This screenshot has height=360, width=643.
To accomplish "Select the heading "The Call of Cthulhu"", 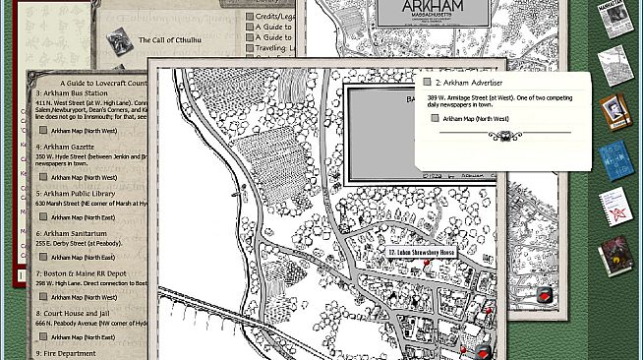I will [170, 40].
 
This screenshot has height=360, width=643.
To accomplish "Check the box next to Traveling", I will [250, 47].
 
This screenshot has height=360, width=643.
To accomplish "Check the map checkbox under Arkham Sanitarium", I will [43, 257].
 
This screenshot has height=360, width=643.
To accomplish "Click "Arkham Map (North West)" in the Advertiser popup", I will [475, 119].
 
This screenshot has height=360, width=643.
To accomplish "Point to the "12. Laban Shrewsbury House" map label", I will [422, 253].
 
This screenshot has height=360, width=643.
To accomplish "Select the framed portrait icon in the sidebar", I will [614, 110].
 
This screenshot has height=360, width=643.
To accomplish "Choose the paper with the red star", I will [614, 207].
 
